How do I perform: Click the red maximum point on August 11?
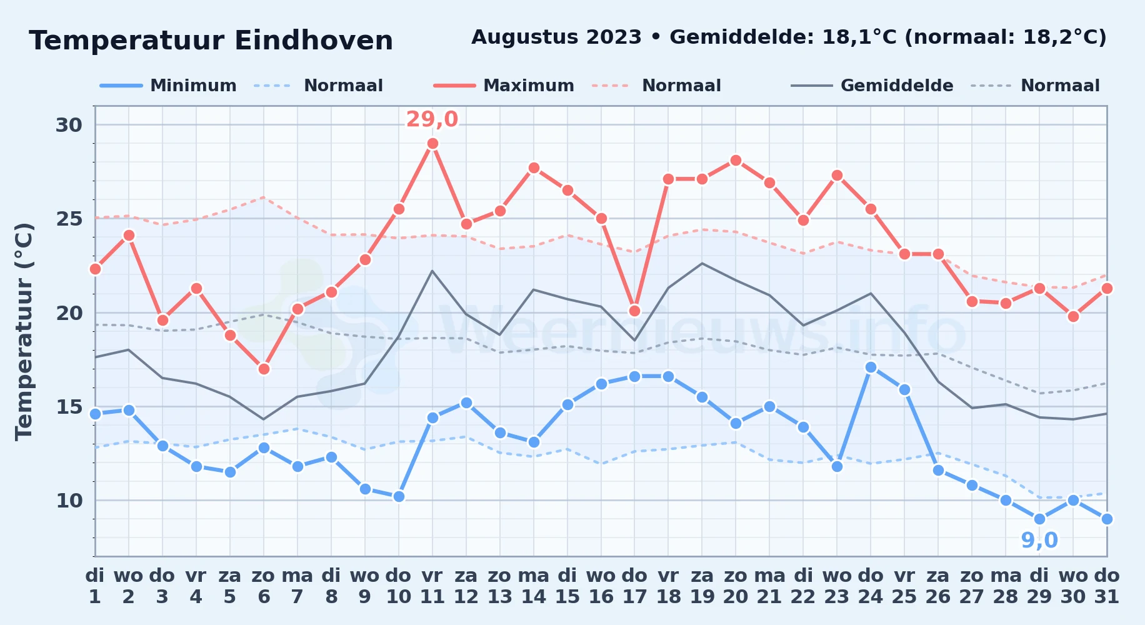tap(432, 144)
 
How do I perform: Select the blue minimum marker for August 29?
tap(1039, 519)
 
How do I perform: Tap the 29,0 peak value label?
tap(432, 119)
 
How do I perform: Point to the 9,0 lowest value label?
tap(1039, 540)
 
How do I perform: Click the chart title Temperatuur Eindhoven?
tap(211, 41)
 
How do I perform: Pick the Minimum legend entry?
tap(169, 86)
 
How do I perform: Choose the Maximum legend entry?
tap(504, 86)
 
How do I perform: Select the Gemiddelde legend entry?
tap(872, 86)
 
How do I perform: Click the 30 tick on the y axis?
tap(69, 125)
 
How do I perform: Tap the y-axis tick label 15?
tap(69, 407)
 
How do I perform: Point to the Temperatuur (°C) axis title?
tap(24, 331)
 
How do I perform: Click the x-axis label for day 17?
tap(634, 586)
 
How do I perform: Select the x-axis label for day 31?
tap(1107, 586)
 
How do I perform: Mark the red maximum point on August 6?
tap(264, 369)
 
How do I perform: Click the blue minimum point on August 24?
tap(871, 367)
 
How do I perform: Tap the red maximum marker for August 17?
tap(634, 311)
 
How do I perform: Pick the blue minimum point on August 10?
tap(399, 497)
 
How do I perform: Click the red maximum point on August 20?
tap(736, 161)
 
